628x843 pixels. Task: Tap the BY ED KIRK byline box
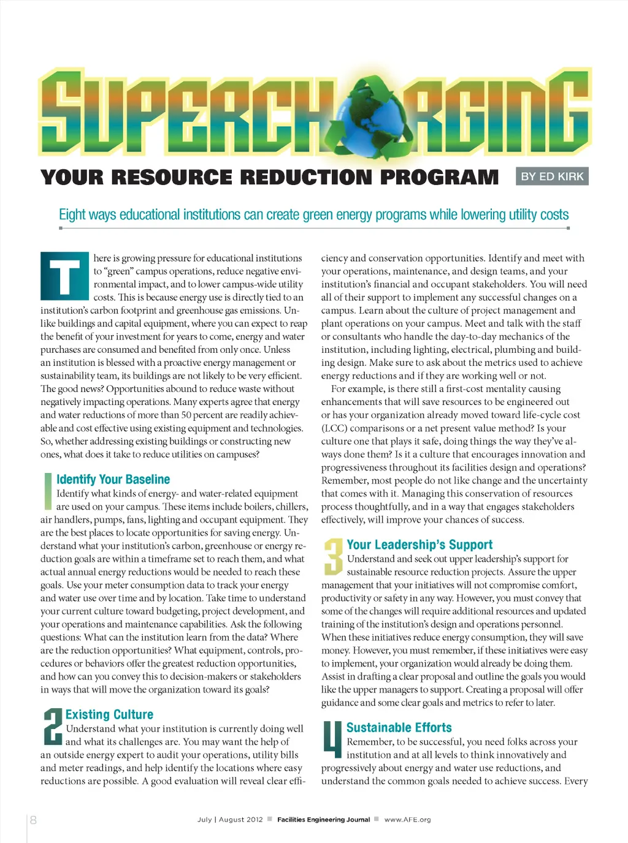click(x=552, y=176)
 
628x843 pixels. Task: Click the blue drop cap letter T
click(x=64, y=276)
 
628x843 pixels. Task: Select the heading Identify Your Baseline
click(x=113, y=479)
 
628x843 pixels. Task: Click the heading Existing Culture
click(x=109, y=714)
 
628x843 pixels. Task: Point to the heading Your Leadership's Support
click(x=419, y=545)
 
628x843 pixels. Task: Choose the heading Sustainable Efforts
click(x=399, y=727)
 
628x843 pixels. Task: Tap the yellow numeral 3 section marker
click(x=333, y=556)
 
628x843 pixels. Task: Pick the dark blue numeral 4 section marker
click(x=332, y=739)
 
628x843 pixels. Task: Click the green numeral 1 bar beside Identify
click(x=47, y=491)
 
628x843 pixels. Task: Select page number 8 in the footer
click(x=33, y=820)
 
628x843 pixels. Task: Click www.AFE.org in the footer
click(x=407, y=820)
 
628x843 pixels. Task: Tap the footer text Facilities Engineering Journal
click(x=323, y=820)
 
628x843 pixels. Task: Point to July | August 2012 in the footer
click(x=230, y=820)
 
